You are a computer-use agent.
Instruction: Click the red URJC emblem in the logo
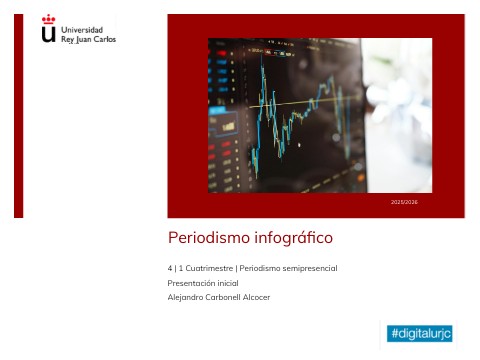[48, 29]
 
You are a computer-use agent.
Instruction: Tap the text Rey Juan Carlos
[88, 39]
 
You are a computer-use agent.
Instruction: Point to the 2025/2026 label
[404, 202]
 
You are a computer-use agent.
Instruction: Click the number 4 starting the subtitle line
[170, 269]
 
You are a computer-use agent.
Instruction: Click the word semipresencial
[307, 269]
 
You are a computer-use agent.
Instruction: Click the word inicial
[228, 283]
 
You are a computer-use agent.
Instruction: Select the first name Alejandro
[186, 297]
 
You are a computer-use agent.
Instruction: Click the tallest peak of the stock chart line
[263, 58]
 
